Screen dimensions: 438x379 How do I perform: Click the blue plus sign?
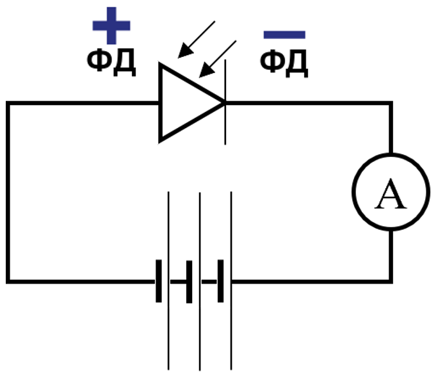[x=111, y=26]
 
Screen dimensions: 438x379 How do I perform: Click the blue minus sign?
[x=284, y=35]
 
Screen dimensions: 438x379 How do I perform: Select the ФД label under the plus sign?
[x=111, y=62]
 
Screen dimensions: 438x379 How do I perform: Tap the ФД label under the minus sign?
[x=284, y=63]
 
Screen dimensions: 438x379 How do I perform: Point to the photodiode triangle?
[x=160, y=103]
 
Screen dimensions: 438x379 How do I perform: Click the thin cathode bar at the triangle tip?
[x=225, y=102]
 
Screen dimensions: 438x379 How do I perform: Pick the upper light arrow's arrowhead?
[x=185, y=51]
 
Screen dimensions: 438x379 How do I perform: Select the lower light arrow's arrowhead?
[x=206, y=70]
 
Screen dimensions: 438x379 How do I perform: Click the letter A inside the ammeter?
[x=391, y=194]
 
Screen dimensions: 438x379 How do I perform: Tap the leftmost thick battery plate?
[x=159, y=281]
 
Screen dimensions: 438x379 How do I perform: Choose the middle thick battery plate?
[x=190, y=282]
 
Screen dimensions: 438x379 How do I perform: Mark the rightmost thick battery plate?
[x=221, y=281]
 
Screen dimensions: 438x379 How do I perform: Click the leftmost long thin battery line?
[x=168, y=280]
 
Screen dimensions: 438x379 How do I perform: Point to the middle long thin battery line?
[x=200, y=282]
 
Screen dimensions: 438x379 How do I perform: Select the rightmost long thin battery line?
[x=231, y=280]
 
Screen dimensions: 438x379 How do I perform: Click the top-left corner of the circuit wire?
[x=8, y=103]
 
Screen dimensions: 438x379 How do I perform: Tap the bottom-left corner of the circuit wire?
[x=8, y=282]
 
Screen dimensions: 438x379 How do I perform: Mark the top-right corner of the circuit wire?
[x=391, y=103]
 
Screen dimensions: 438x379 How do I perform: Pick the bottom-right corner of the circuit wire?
[x=391, y=282]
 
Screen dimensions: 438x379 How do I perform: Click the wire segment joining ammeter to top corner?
[x=391, y=128]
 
